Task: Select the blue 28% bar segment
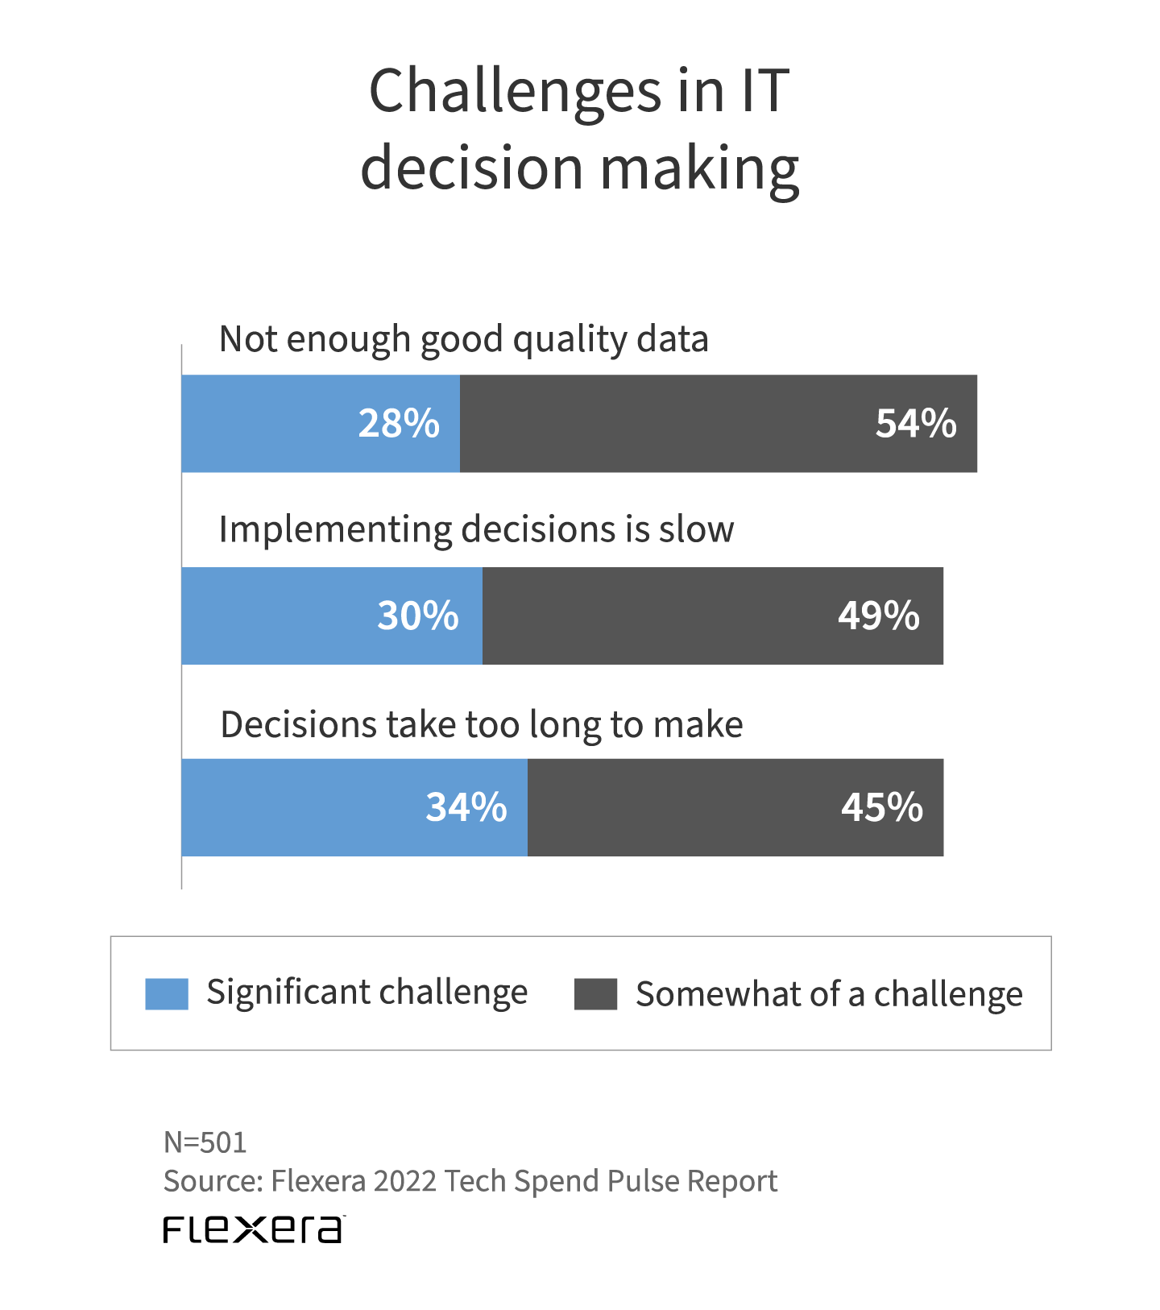321,424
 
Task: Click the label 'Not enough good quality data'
464,339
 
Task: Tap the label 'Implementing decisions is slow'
476,530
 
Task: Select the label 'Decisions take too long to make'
482,724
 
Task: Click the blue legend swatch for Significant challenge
167,993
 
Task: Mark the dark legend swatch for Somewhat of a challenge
595,993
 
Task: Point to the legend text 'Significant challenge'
367,993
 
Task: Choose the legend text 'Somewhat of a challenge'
829,994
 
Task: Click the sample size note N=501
205,1142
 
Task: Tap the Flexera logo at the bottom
254,1229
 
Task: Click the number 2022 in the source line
405,1181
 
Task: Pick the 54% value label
916,424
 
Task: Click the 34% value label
466,807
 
